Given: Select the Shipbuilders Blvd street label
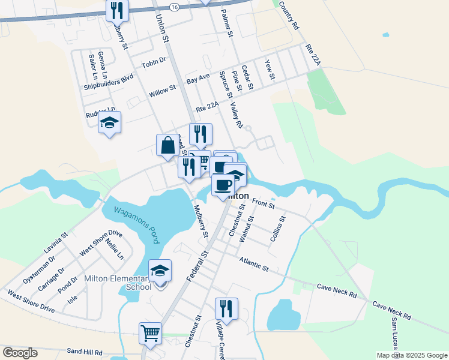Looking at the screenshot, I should coord(108,82).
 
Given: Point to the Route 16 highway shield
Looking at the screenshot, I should coord(174,7).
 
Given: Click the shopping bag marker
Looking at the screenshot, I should coord(167,146).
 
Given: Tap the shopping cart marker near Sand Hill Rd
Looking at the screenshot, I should coord(150,333).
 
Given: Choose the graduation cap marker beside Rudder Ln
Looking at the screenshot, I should coord(109,123).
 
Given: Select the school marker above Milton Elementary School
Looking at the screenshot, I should coord(160,272).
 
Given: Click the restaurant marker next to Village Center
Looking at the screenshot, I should coord(226,309).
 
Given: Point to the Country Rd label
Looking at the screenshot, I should coord(288,16).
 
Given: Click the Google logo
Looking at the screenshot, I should coord(20,353).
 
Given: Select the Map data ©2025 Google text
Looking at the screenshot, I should coord(411,355).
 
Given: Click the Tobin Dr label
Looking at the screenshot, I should coord(153,64).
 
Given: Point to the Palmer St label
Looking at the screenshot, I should coord(226,23).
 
